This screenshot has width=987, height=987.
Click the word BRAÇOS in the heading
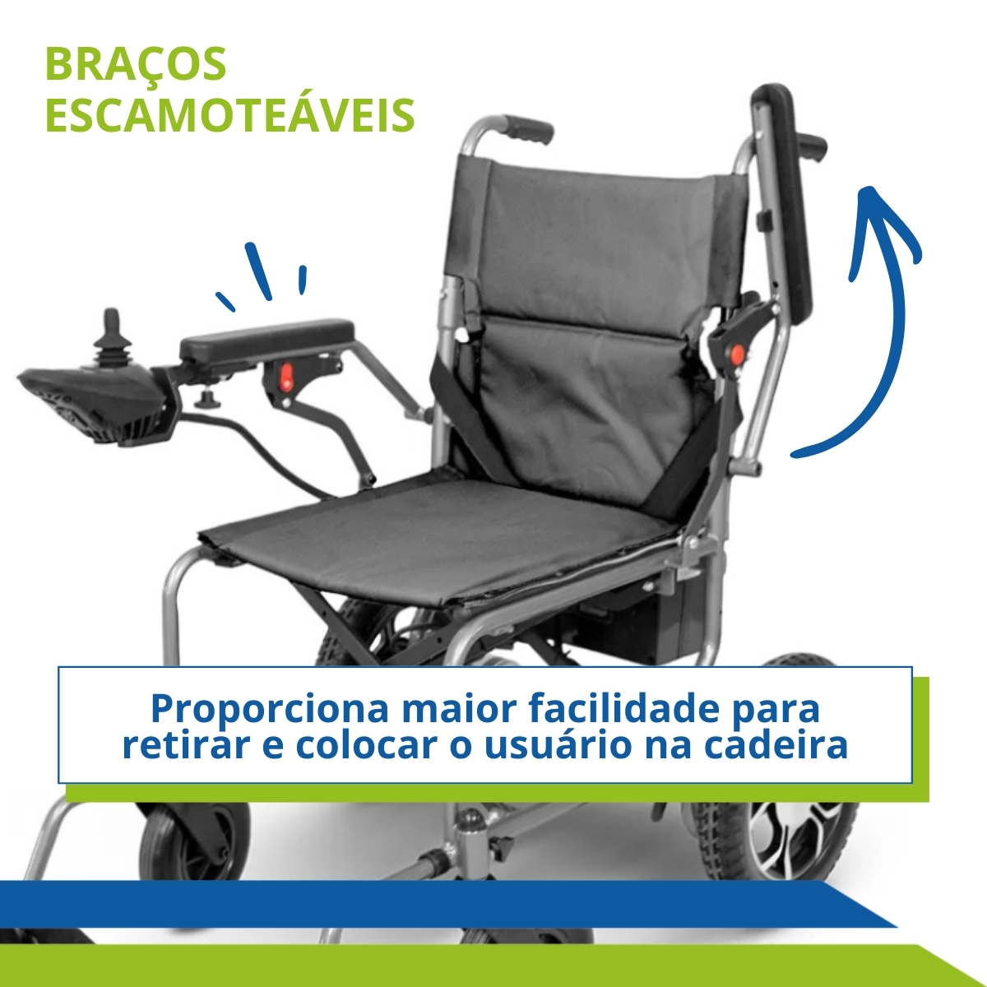pos(136,64)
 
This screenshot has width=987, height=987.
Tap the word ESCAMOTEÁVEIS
pos(230,115)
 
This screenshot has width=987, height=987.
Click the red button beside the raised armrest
pos(736,354)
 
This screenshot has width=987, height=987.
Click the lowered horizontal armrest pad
pos(266,339)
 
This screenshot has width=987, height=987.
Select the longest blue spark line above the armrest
pos(258,271)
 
